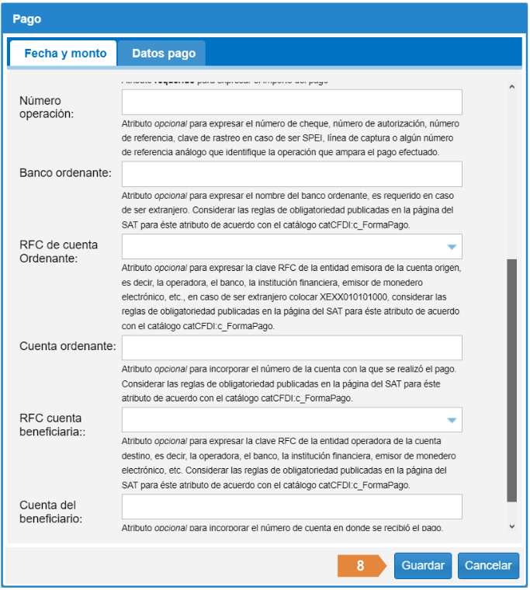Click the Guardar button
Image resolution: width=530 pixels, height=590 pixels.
(x=423, y=565)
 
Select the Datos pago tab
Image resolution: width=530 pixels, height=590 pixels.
(x=164, y=54)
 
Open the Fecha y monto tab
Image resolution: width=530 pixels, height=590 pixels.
(x=65, y=54)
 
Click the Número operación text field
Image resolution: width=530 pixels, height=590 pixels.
(x=292, y=102)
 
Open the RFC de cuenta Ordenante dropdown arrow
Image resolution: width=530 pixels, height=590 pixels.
(x=452, y=248)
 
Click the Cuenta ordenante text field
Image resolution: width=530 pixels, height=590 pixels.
(x=292, y=348)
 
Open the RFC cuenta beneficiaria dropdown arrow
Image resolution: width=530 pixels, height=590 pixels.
(x=452, y=421)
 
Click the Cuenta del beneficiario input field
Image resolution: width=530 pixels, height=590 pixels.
(x=292, y=507)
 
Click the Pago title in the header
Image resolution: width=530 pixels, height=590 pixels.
(x=27, y=18)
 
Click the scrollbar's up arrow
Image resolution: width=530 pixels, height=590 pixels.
(x=511, y=88)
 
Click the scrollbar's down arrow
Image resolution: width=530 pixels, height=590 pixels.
(x=511, y=526)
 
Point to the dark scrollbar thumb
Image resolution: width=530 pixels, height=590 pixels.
(x=511, y=380)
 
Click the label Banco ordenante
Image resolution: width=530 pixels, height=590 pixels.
(x=66, y=172)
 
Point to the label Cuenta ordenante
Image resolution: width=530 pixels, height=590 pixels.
(x=68, y=345)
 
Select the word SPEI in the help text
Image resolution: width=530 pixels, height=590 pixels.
(x=313, y=137)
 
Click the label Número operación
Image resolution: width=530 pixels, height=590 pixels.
(x=47, y=107)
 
